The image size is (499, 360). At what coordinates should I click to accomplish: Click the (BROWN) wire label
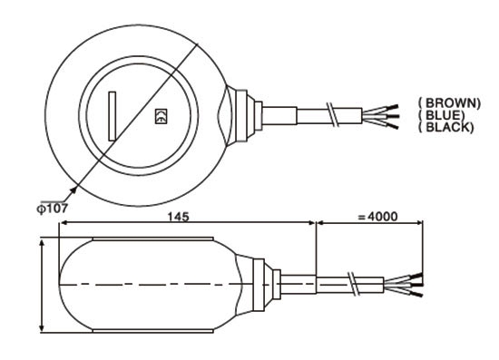click(x=448, y=102)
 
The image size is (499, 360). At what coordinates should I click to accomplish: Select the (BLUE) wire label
click(x=444, y=115)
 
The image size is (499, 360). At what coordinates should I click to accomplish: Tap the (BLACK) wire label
click(x=445, y=128)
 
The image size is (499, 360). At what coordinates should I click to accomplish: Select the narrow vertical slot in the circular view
click(x=112, y=116)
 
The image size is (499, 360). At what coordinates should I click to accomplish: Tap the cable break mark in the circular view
click(x=334, y=115)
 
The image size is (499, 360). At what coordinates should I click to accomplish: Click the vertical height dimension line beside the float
click(x=42, y=285)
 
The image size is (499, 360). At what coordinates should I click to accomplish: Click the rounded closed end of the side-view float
click(x=68, y=285)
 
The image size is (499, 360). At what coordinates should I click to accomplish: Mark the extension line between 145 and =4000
click(x=315, y=249)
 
